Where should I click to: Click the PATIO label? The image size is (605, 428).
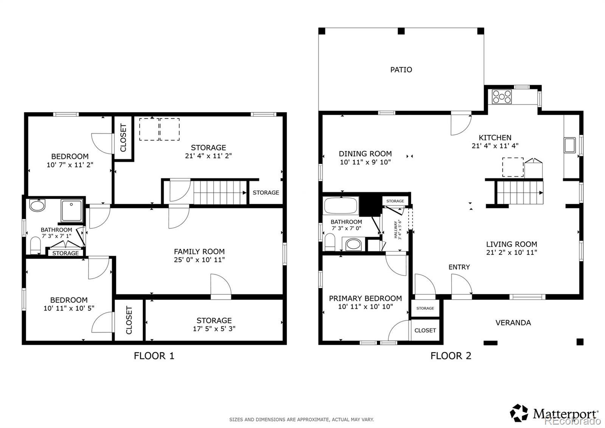point(401,70)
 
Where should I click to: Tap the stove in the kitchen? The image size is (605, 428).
point(502,97)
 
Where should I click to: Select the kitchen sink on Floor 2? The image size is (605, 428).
point(570,145)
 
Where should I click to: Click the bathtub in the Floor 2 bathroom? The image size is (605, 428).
point(341,206)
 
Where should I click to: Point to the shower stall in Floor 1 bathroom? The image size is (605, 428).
point(71,211)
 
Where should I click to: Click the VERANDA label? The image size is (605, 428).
point(513,323)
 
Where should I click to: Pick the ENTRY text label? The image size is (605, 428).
point(459,267)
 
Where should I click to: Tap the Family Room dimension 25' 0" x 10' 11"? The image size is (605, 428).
point(199,260)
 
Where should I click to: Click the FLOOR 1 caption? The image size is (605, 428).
point(154,356)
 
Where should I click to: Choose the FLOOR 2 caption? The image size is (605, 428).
point(451,356)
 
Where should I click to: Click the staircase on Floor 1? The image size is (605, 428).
point(220,192)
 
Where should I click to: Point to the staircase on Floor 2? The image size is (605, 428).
point(520,192)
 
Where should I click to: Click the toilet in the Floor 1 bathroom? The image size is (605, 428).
point(36,245)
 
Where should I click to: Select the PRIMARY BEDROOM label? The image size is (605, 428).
point(365,298)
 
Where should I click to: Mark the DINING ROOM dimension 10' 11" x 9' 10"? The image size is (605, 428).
point(365,162)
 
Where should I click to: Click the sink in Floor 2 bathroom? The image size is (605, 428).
point(353,244)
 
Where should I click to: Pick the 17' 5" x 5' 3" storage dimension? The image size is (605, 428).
point(214,329)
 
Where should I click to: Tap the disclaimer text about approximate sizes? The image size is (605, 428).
point(302,420)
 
